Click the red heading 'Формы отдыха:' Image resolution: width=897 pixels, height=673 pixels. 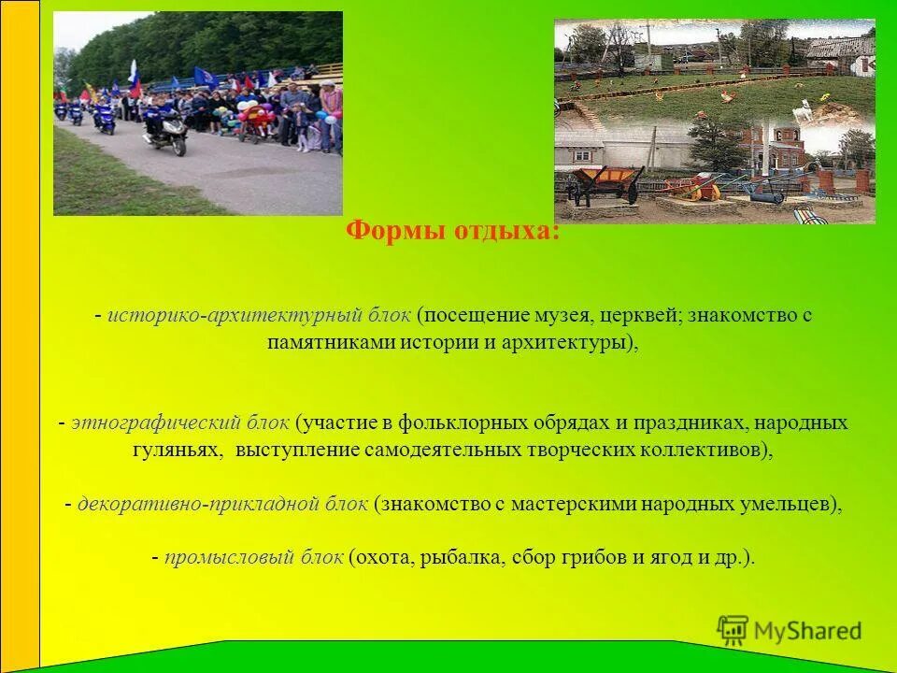(x=452, y=231)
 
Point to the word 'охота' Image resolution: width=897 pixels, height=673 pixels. (x=385, y=558)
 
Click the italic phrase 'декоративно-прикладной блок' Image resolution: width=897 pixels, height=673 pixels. (x=222, y=504)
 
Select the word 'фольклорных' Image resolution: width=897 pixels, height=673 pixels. (x=462, y=423)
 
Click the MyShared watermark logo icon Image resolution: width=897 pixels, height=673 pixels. (x=733, y=630)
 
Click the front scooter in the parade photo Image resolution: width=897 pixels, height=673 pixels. (x=165, y=136)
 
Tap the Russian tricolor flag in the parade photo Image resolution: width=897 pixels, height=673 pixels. (x=134, y=79)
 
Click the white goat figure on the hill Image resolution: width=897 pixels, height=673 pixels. (x=802, y=114)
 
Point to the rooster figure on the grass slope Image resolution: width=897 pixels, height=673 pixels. (x=724, y=94)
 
